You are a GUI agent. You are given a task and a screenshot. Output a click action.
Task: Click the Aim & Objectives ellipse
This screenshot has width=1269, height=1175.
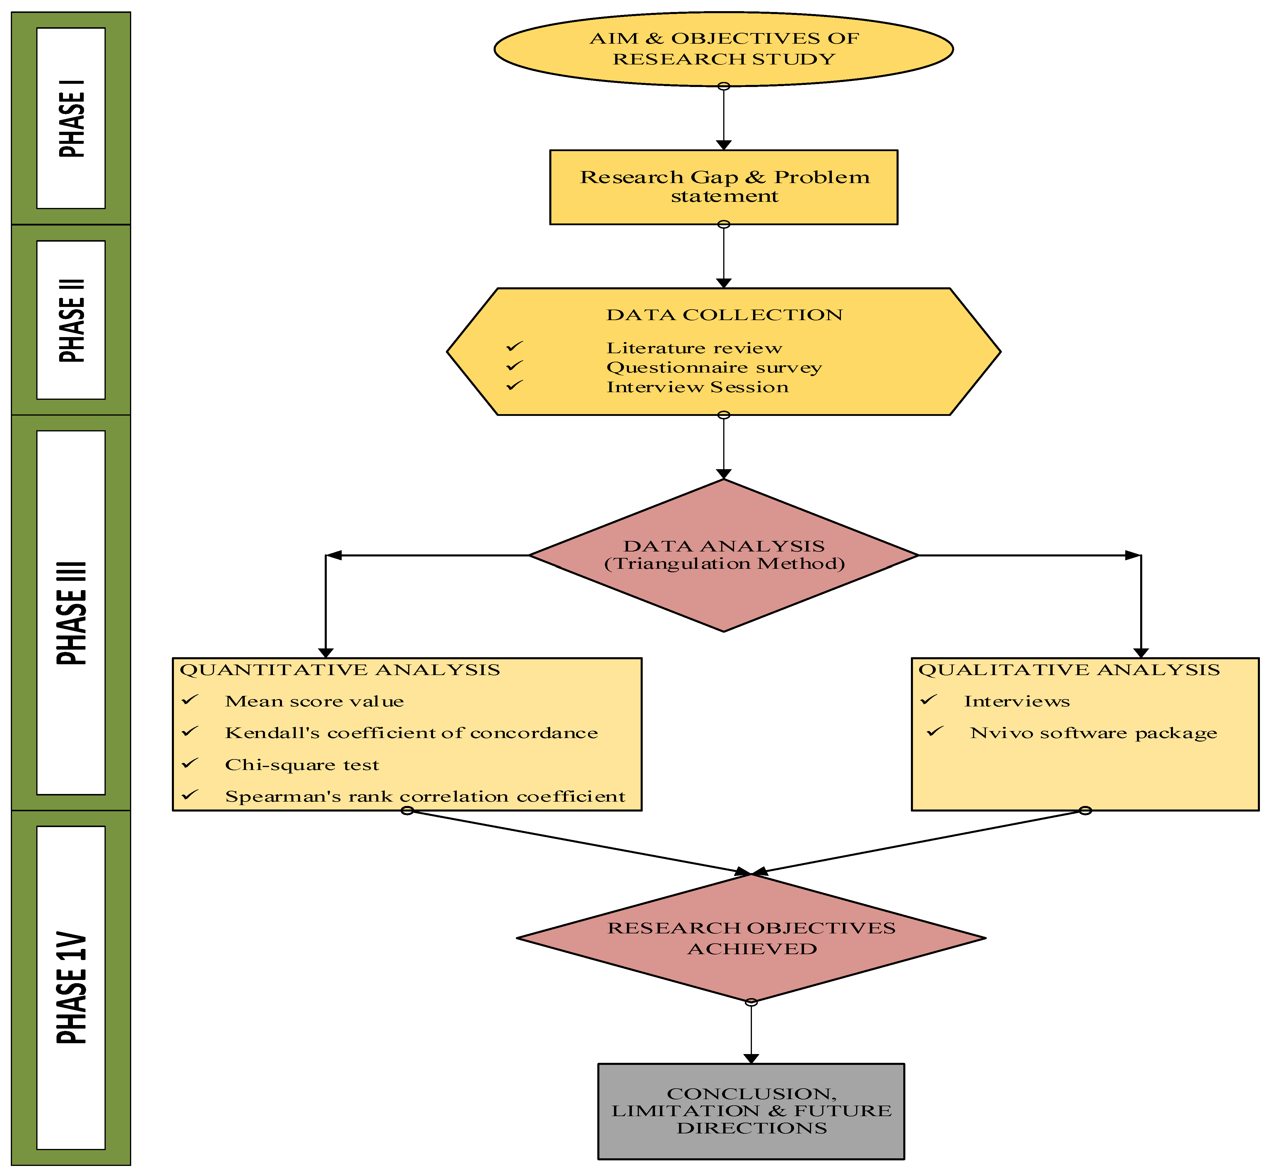click(724, 49)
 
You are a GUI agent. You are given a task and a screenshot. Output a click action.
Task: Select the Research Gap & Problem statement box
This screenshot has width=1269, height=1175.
click(724, 187)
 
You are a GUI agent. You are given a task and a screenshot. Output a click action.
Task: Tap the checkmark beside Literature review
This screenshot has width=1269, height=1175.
click(514, 346)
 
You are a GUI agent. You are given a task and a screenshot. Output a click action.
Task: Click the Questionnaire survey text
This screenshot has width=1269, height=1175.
click(714, 368)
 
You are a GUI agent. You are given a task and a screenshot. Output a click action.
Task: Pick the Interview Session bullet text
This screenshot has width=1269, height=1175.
click(697, 387)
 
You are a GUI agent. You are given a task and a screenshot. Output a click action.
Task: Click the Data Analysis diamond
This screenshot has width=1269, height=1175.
click(724, 555)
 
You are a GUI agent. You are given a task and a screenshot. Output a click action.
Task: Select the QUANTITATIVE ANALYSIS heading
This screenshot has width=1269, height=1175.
click(340, 670)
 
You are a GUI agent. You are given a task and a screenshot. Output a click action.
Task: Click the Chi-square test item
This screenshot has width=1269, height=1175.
click(302, 765)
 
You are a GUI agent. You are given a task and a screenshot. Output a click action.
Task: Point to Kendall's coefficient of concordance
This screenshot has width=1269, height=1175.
click(411, 733)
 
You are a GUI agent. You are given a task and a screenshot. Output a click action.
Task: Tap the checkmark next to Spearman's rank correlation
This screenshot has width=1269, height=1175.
click(190, 795)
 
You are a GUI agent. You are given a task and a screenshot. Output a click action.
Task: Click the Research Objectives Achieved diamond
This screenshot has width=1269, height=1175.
click(751, 938)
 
